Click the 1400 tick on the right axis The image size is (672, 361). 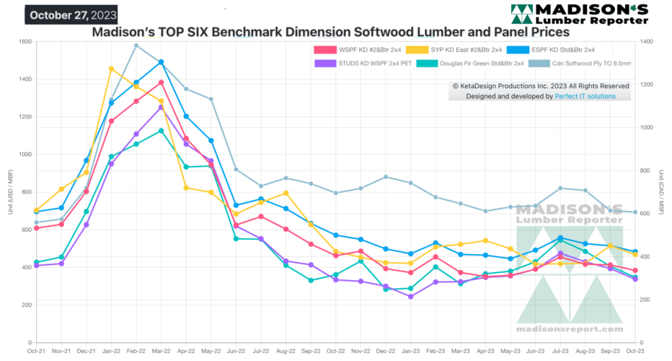tap(647, 42)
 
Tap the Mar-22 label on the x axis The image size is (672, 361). tap(160, 352)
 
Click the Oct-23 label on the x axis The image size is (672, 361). tap(634, 352)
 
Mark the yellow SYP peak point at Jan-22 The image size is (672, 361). tap(111, 69)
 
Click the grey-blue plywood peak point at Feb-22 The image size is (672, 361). tap(136, 45)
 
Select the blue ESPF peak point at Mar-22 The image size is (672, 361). tap(161, 62)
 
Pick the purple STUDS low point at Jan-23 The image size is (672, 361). tap(410, 297)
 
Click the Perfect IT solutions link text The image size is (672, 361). tap(585, 96)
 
